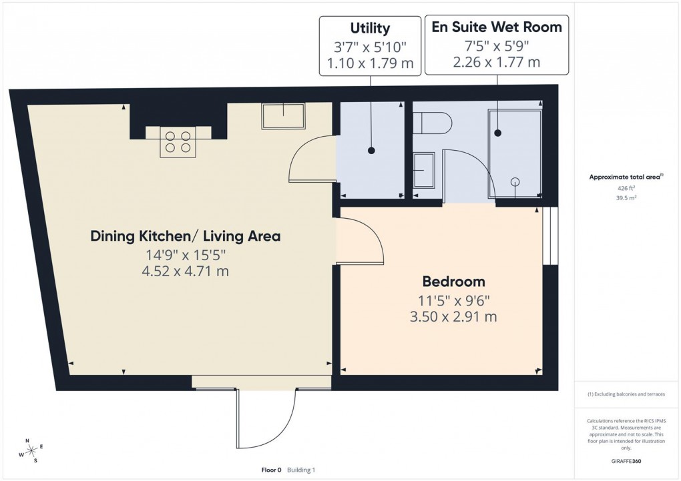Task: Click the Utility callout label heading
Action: coord(370,28)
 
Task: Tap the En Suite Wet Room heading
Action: coord(497,27)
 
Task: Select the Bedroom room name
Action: coord(453,281)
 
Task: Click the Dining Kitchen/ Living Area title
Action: coord(186,235)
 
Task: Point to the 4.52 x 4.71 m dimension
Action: coord(186,272)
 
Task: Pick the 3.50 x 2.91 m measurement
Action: coord(453,317)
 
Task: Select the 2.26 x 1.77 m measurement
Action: coord(497,63)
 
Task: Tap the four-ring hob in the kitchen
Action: coord(178,141)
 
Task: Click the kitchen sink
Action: coord(283,116)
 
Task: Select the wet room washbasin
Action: coord(424,170)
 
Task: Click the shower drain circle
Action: coord(515,181)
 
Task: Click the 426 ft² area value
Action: coord(626,188)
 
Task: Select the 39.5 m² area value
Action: coord(626,197)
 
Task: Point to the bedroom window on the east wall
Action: coord(549,235)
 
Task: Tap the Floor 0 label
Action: coord(272,470)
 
